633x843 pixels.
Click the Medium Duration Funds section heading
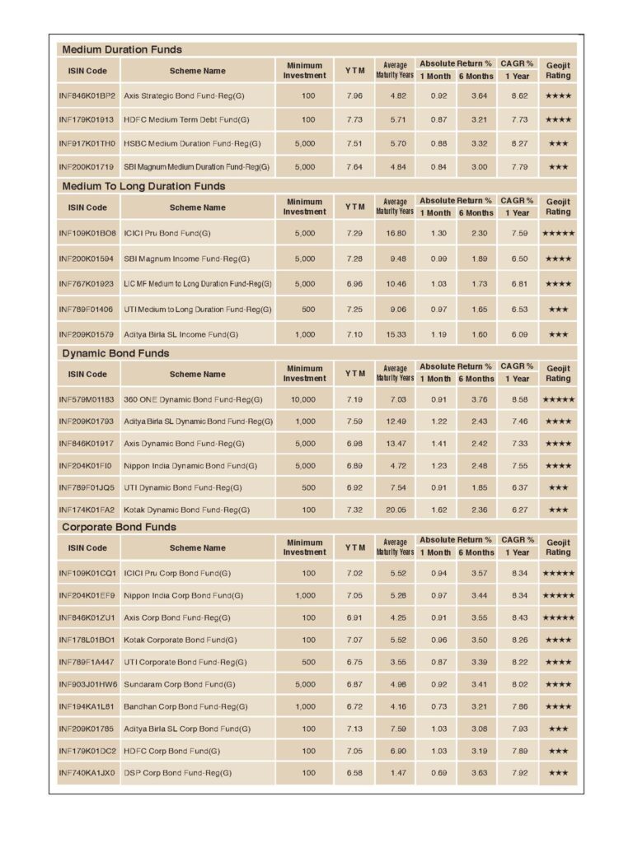tap(122, 49)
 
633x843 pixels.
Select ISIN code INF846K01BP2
tap(87, 96)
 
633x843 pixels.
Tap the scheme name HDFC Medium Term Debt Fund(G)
tap(186, 119)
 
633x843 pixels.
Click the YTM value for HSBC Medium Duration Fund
tap(354, 143)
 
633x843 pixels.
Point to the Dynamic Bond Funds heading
tap(116, 353)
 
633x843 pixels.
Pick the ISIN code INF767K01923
tap(87, 284)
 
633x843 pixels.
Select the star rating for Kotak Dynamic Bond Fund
tap(558, 510)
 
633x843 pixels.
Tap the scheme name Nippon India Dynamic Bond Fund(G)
tap(190, 466)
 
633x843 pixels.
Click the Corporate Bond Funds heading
tap(120, 527)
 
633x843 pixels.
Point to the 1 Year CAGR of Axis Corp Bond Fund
tap(519, 617)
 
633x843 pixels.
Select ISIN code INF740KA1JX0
tap(87, 773)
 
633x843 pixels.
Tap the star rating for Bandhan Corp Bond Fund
tap(558, 706)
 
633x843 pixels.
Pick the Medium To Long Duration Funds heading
tap(143, 186)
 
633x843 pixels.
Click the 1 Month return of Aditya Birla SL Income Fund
tap(438, 335)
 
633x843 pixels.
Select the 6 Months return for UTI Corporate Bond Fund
tap(476, 662)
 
